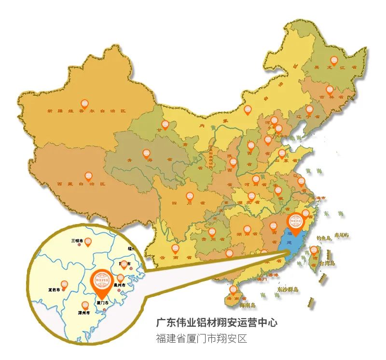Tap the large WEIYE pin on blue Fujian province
295,223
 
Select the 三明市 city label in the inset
78,240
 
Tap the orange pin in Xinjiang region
84,104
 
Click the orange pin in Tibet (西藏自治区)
88,177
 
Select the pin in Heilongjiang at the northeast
334,61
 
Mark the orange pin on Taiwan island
314,251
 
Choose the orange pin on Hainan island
234,290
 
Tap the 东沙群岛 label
288,290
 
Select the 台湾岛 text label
328,264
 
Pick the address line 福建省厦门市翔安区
201,338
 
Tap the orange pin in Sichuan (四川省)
190,196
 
